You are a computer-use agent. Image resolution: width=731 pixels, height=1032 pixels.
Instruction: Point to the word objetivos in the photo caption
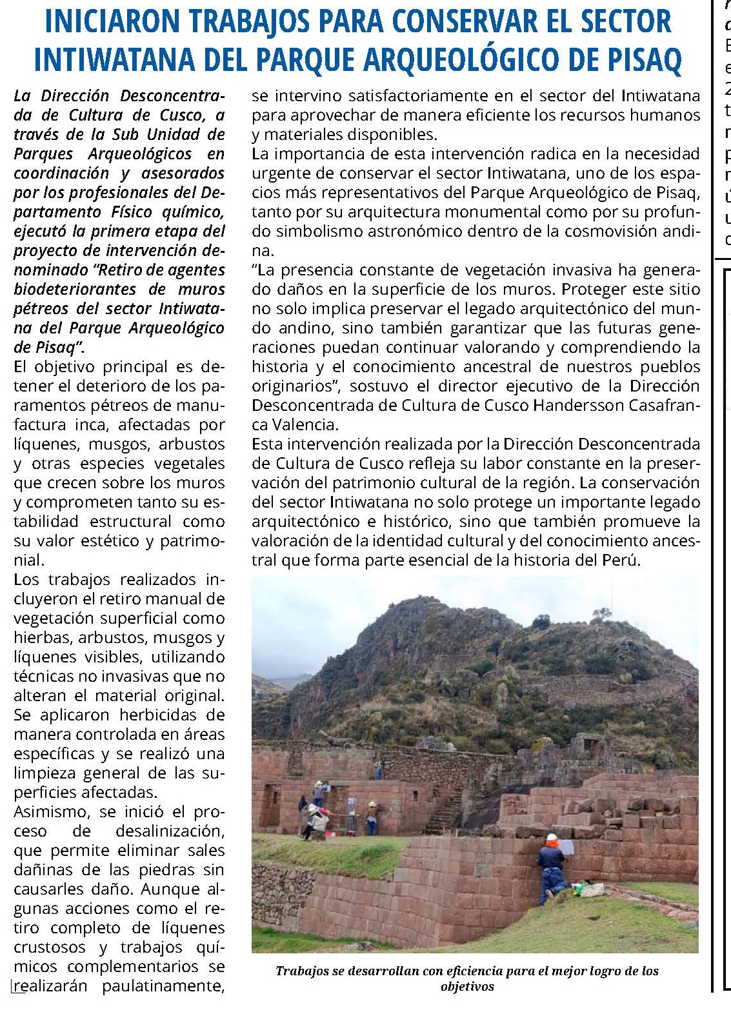tap(467, 987)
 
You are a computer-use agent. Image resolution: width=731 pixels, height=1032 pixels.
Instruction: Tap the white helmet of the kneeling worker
tap(552, 838)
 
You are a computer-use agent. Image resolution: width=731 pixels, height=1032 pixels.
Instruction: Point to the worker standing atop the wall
tap(378, 769)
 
